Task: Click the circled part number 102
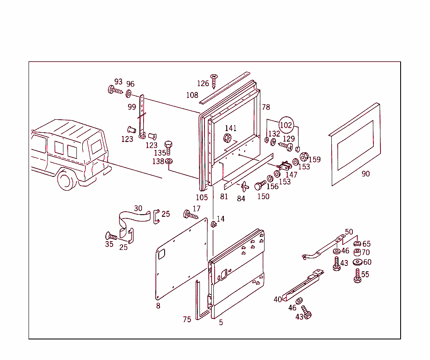pos(286,125)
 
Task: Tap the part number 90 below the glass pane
pos(366,174)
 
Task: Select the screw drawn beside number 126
pos(215,81)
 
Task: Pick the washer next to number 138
pos(169,162)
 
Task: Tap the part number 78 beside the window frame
pos(266,107)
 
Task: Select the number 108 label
pos(192,95)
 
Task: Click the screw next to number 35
pos(112,236)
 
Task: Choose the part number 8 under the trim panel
pos(158,306)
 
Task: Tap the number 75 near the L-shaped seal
pos(187,319)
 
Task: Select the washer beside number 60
pos(357,263)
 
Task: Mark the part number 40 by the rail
pos(278,300)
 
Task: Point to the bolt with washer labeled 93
pos(115,90)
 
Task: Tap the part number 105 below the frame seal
pos(202,197)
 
